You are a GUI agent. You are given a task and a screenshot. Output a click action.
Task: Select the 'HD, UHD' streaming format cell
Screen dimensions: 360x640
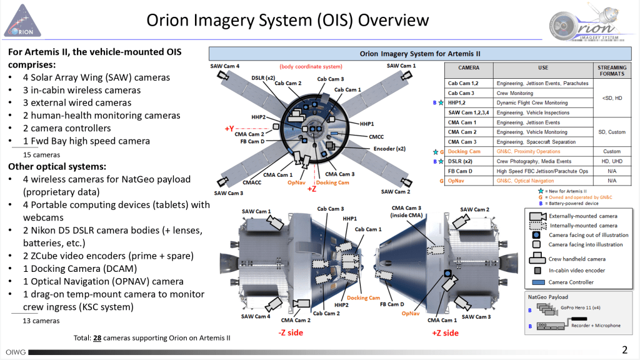(x=612, y=161)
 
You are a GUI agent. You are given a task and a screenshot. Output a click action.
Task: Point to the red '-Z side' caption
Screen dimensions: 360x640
(x=290, y=332)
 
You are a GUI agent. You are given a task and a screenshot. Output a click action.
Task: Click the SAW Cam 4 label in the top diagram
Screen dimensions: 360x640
(x=225, y=66)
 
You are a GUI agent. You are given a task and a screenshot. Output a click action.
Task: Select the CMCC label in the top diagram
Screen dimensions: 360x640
(x=377, y=136)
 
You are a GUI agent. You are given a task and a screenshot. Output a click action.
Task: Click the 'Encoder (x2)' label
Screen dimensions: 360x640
(x=389, y=149)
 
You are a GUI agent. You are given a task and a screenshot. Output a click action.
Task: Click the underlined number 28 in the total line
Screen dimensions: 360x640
(x=97, y=338)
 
